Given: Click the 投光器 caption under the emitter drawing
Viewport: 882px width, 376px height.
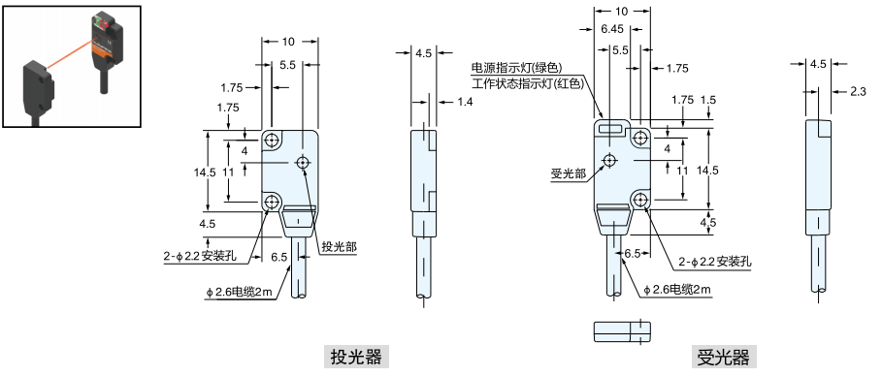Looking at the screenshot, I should [x=356, y=357].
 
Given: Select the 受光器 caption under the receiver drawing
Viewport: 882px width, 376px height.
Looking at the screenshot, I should [x=723, y=357].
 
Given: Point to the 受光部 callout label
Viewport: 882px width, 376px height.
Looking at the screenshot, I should [x=568, y=173].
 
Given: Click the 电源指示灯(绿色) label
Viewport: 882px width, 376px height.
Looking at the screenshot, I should [x=517, y=68].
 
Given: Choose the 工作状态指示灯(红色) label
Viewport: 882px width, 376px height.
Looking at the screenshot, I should [x=526, y=83].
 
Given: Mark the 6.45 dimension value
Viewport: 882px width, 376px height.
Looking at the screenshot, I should [x=611, y=29].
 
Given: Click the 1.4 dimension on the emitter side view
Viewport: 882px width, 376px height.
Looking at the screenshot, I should [x=465, y=102].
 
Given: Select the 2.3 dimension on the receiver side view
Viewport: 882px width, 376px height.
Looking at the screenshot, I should [x=858, y=91].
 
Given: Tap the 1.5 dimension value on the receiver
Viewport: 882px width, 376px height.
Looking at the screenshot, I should [x=707, y=100].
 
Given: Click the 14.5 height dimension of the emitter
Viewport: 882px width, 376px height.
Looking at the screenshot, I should [x=205, y=172].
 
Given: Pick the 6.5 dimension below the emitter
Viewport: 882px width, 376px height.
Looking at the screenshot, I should [x=279, y=258].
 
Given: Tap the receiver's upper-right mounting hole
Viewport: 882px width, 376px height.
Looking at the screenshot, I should [x=640, y=140].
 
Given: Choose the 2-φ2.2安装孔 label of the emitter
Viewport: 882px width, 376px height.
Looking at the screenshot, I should [x=208, y=258].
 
